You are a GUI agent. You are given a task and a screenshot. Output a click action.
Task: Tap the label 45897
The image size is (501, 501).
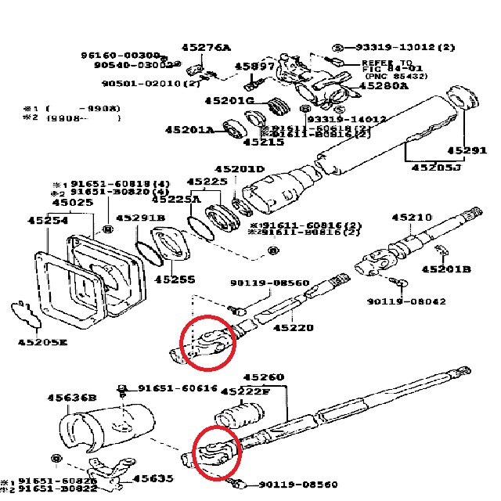[255, 67]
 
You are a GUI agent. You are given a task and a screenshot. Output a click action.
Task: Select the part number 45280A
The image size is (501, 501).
[382, 86]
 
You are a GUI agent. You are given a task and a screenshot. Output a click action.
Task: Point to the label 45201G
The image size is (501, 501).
[230, 101]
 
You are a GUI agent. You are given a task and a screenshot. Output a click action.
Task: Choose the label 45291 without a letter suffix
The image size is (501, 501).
[467, 150]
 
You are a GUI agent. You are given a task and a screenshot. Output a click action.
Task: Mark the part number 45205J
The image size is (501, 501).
[437, 166]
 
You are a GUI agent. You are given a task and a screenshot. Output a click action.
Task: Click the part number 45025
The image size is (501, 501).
[71, 203]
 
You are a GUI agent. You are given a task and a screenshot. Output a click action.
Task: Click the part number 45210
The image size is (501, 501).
[412, 217]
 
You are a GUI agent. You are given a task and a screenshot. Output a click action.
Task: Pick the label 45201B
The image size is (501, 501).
[446, 269]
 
